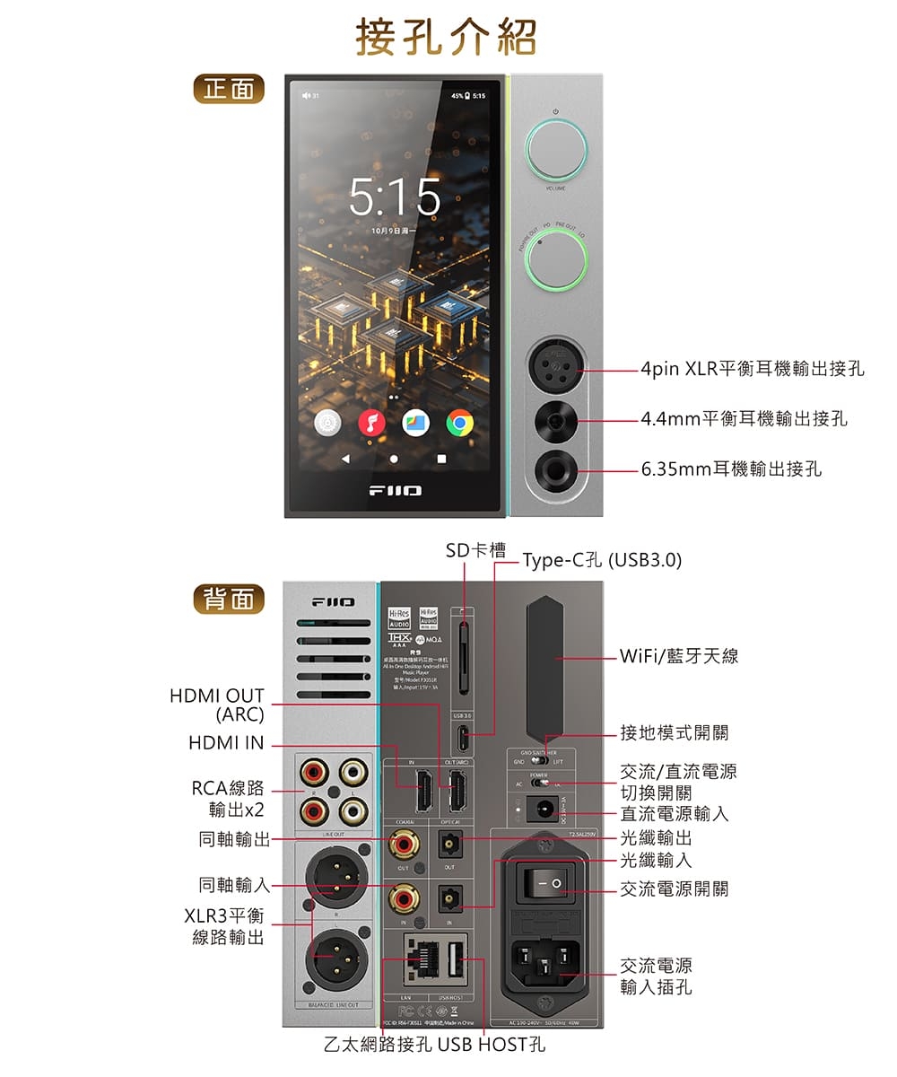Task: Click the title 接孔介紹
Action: [x=446, y=38]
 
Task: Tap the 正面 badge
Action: [x=230, y=89]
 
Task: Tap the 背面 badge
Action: [x=230, y=599]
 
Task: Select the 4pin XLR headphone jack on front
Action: [x=556, y=368]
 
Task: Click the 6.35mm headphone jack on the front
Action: [x=556, y=469]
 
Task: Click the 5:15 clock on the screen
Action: [x=395, y=197]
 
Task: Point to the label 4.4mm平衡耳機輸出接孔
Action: [x=744, y=419]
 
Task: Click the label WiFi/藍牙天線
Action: [x=679, y=656]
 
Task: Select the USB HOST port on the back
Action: [x=454, y=960]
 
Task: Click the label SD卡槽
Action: [x=476, y=550]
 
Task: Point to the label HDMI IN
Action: [x=226, y=743]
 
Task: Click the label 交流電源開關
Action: [x=674, y=889]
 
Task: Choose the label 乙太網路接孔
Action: [x=379, y=1045]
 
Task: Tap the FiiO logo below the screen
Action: [x=396, y=491]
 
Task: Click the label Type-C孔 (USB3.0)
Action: [x=602, y=561]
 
